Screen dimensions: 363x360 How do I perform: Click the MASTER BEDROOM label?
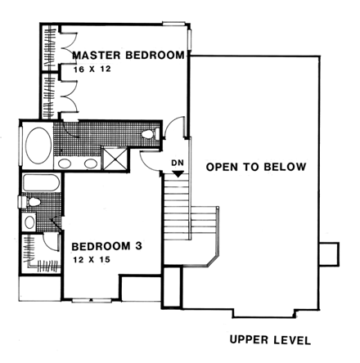[x=128, y=56]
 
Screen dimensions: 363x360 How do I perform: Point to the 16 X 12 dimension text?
[x=90, y=70]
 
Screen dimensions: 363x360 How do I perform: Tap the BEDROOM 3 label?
[x=106, y=245]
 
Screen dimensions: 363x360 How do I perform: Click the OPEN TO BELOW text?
[x=256, y=168]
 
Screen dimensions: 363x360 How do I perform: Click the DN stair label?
[x=177, y=162]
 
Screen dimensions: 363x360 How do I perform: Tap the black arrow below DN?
[x=177, y=173]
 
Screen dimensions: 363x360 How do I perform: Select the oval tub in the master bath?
[x=37, y=148]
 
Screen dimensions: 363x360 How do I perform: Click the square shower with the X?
[x=115, y=157]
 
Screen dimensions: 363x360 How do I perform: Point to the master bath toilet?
[x=150, y=133]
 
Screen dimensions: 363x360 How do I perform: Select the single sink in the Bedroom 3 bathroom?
[x=30, y=222]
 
